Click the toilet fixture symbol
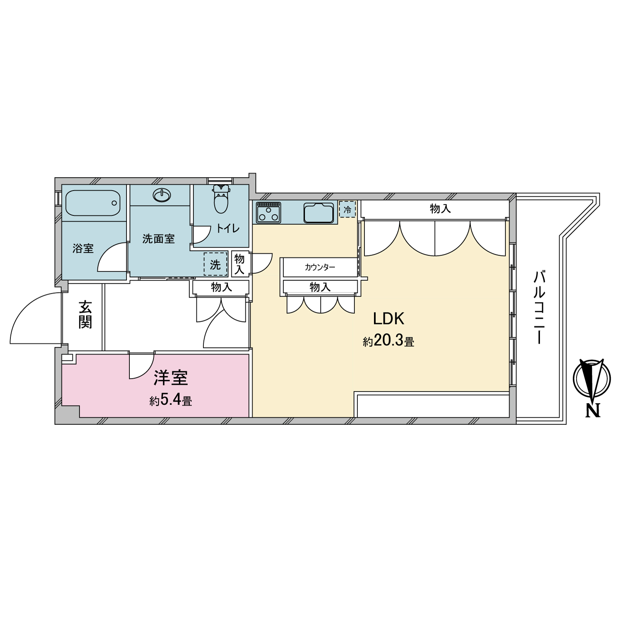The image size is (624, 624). coord(221,199)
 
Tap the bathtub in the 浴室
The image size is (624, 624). coord(93,203)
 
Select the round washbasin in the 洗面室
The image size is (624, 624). coord(161,195)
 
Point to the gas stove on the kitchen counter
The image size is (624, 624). coord(268,212)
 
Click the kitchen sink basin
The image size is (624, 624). coord(319,213)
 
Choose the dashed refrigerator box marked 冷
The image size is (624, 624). coord(347,209)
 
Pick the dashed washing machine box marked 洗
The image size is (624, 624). coord(215,264)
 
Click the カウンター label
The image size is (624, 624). coord(320,267)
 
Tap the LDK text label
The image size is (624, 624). coord(389,319)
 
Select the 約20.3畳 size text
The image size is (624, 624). coord(389,341)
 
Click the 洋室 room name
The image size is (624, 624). coord(171,377)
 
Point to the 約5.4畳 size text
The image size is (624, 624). coord(171,400)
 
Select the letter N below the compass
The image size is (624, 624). coord(593,411)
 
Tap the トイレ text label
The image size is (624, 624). coord(228,228)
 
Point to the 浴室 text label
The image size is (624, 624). coord(83,248)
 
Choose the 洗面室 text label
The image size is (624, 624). coord(158,239)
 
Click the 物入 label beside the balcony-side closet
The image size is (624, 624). coord(441,208)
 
